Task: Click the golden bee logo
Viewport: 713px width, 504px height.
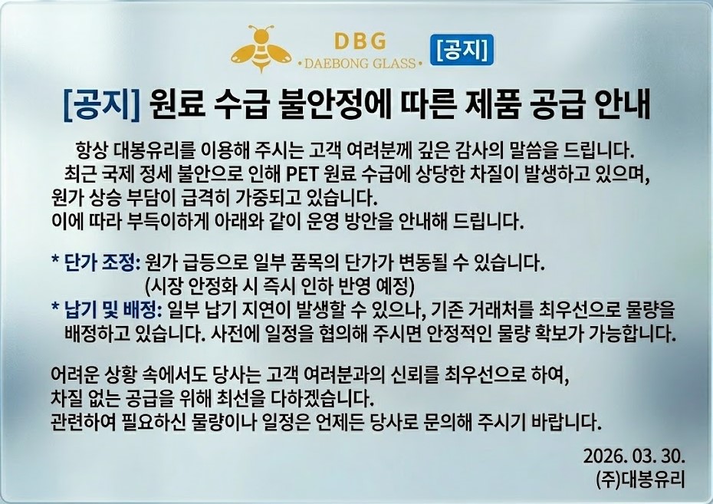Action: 261,48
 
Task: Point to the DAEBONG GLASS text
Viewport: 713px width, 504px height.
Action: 360,64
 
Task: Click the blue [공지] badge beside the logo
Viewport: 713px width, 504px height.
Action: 462,49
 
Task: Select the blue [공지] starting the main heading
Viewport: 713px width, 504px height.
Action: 101,105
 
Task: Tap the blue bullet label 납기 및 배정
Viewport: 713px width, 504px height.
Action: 113,310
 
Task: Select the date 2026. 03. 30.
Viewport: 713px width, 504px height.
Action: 633,456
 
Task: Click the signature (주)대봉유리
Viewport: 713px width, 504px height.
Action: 640,479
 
